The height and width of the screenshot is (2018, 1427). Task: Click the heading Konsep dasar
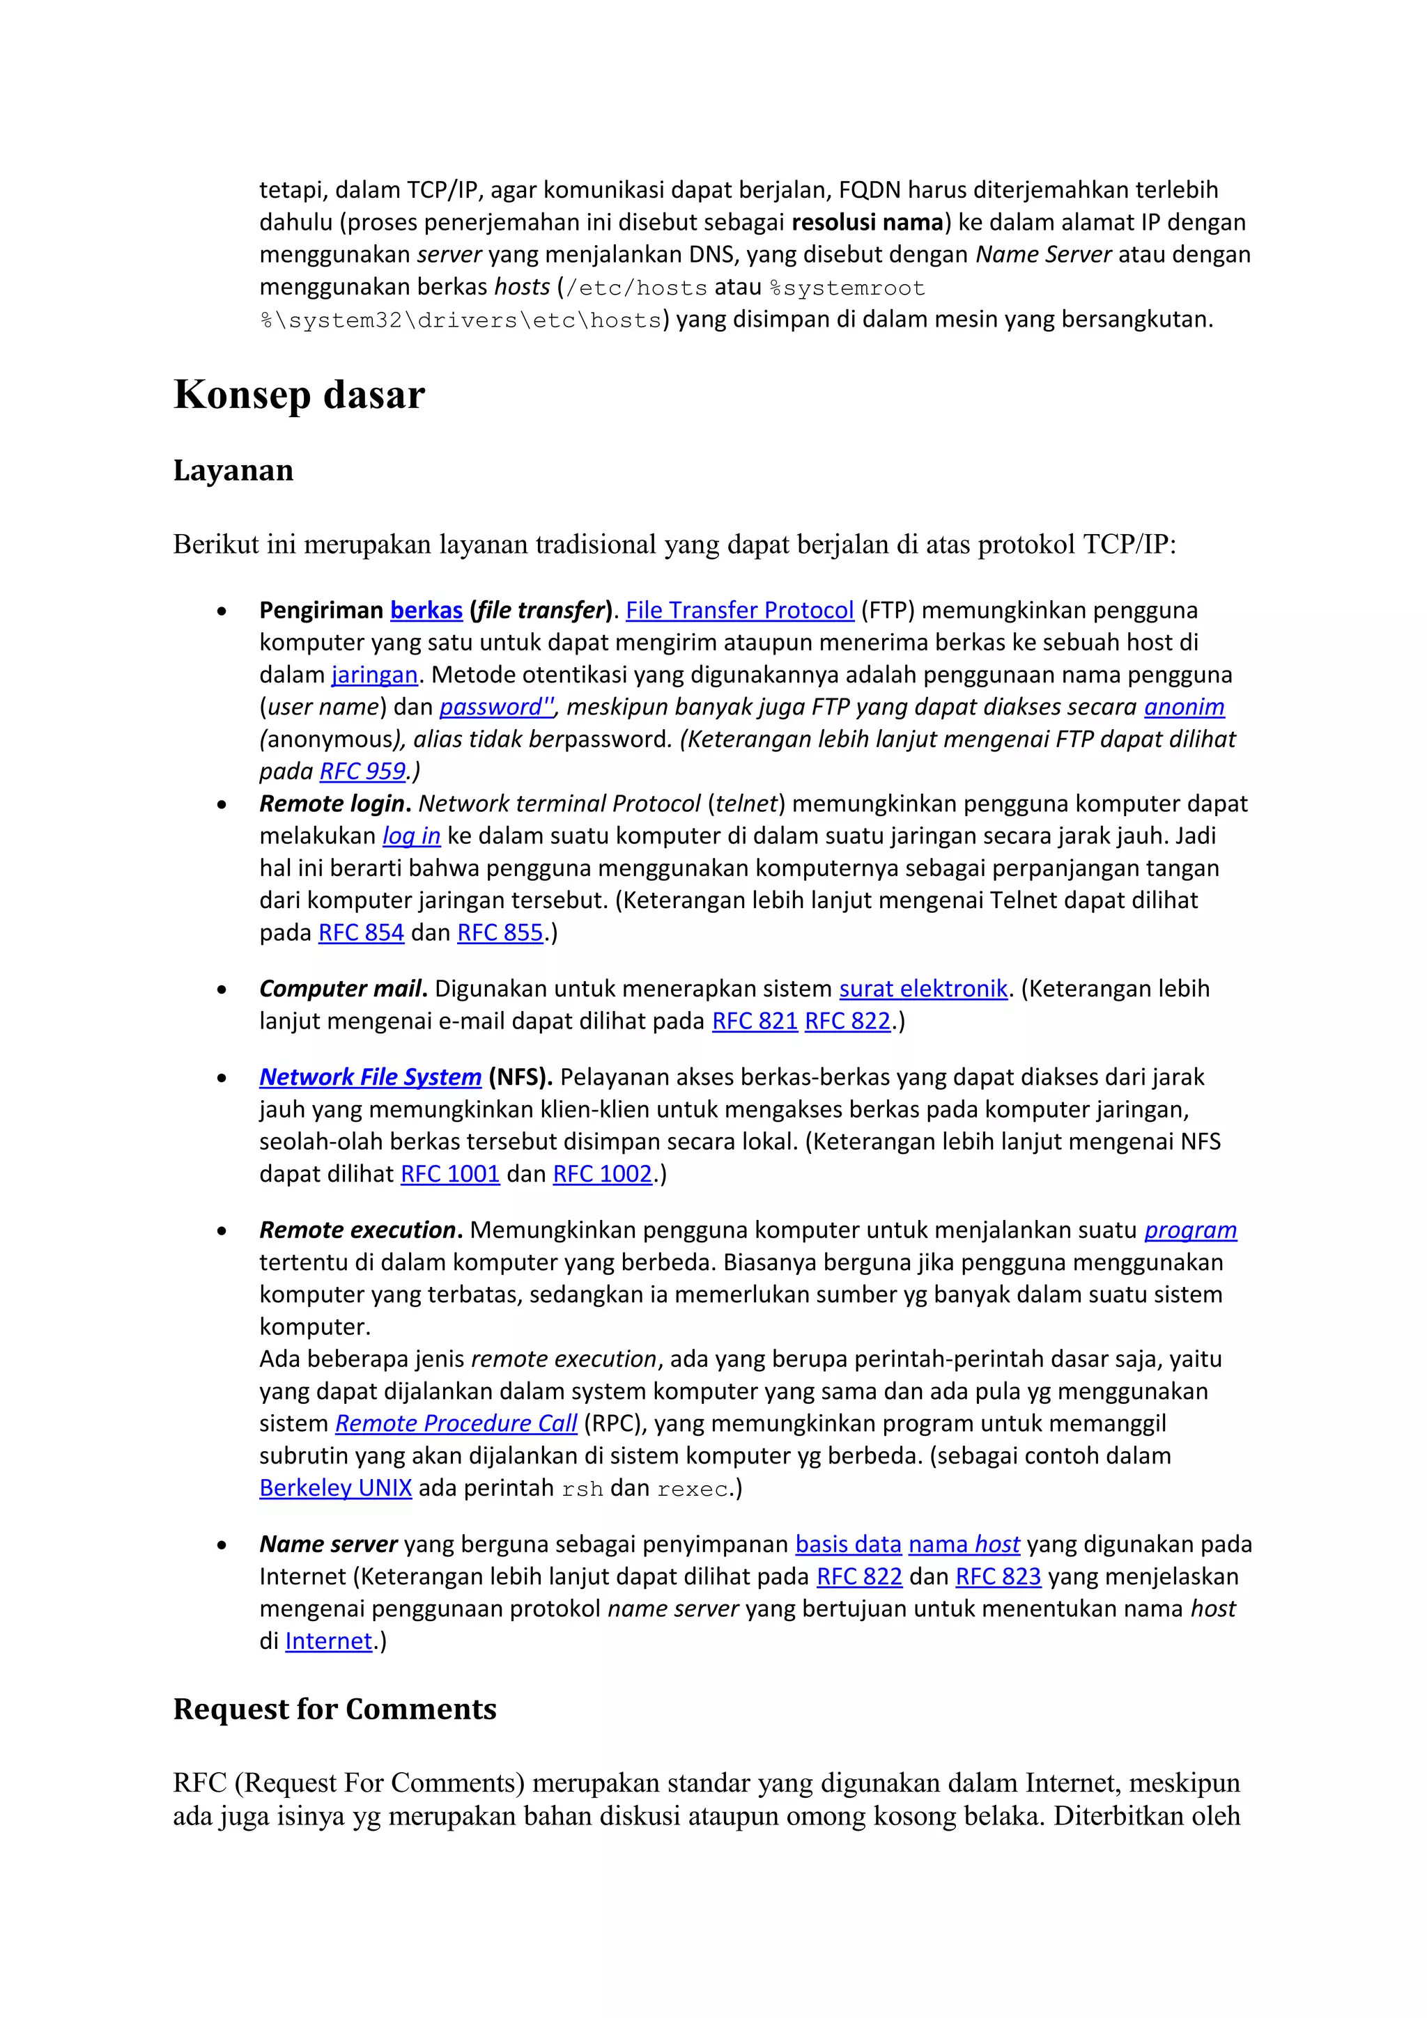pos(299,395)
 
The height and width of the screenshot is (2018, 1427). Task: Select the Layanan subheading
pos(233,470)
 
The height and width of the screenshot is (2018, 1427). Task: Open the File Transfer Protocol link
pos(739,610)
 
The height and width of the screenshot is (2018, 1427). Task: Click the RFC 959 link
pos(362,772)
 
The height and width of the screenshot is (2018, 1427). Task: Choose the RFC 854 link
pos(360,932)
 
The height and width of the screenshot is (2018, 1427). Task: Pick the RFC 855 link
pos(500,932)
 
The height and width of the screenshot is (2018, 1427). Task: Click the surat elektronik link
pos(923,989)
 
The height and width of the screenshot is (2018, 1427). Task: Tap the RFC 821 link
pos(755,1022)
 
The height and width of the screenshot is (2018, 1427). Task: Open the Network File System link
pos(370,1077)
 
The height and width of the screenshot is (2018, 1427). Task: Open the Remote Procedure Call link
pos(456,1424)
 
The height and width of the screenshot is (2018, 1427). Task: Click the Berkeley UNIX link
pos(335,1488)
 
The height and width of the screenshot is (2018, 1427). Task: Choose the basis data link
pos(847,1544)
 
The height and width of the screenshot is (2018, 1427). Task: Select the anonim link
pos(1183,707)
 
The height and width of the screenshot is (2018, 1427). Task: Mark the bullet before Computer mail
pos(222,990)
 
